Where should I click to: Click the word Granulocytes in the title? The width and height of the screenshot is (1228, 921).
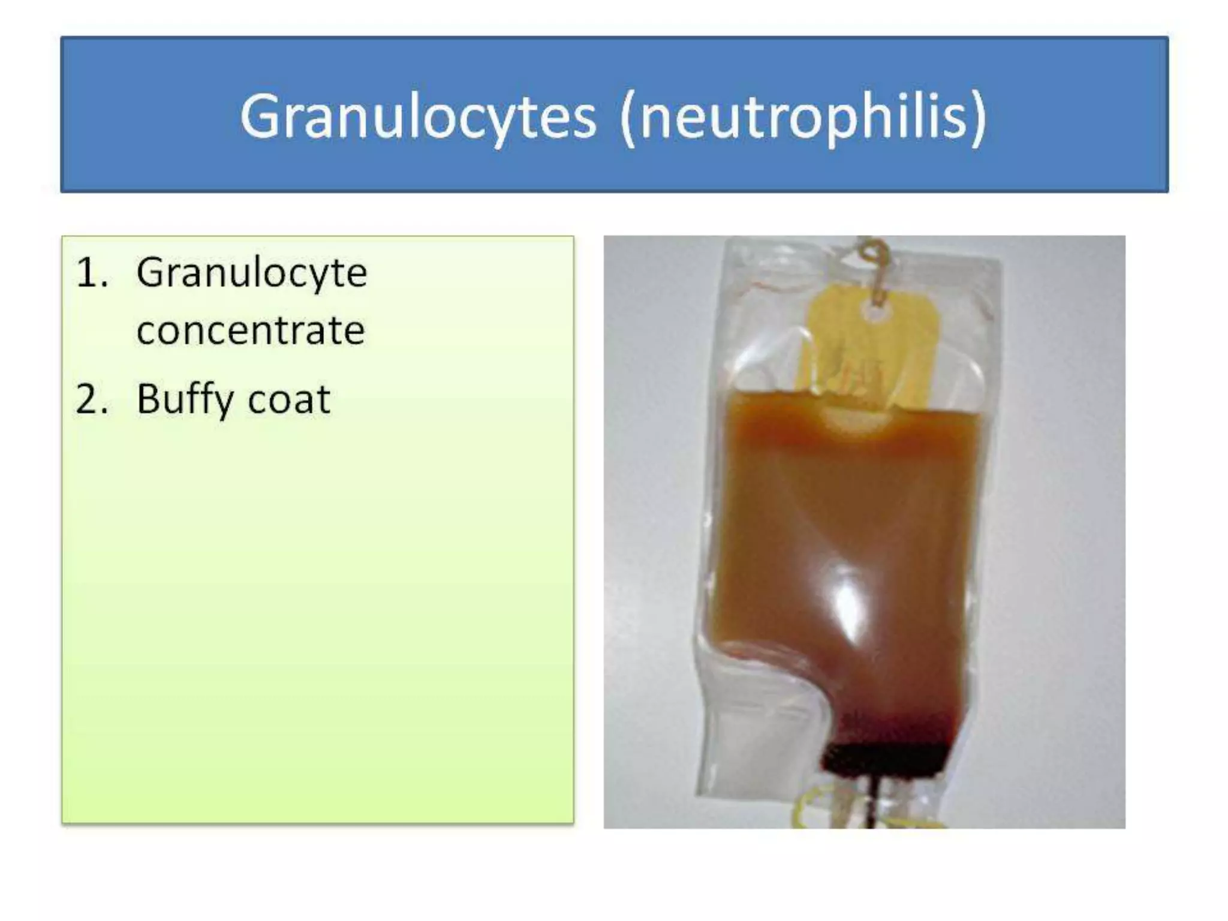418,117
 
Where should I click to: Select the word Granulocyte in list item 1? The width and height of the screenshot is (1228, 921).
251,273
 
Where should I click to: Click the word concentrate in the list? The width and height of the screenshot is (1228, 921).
251,330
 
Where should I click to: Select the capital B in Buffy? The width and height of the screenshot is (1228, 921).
149,398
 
